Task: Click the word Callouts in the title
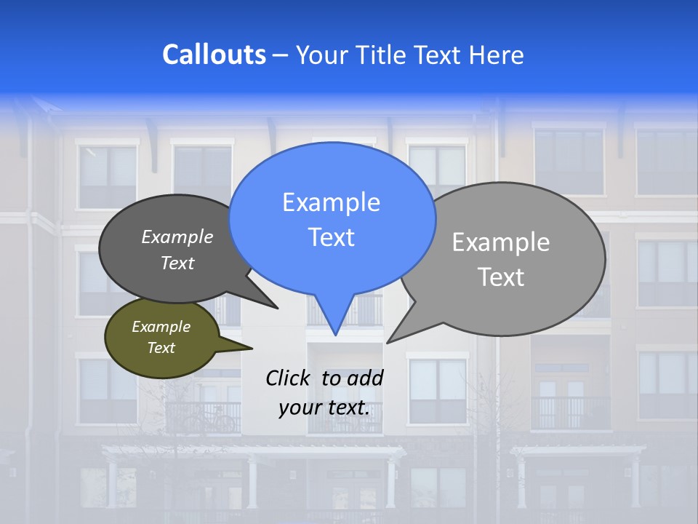pyautogui.click(x=214, y=55)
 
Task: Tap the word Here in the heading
pyautogui.click(x=496, y=55)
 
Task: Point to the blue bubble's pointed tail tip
pyautogui.click(x=335, y=335)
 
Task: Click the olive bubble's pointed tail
pyautogui.click(x=250, y=348)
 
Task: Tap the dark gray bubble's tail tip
pyautogui.click(x=277, y=308)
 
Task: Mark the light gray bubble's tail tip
pyautogui.click(x=388, y=342)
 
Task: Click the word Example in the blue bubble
pyautogui.click(x=331, y=202)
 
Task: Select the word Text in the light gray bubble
pyautogui.click(x=502, y=277)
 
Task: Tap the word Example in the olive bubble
pyautogui.click(x=161, y=327)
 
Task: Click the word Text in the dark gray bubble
pyautogui.click(x=177, y=263)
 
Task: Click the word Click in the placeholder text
pyautogui.click(x=288, y=378)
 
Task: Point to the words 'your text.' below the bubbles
pyautogui.click(x=324, y=408)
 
